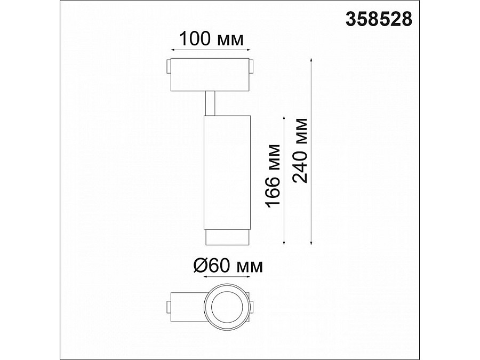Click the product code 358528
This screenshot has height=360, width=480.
379,19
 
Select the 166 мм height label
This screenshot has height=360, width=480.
274,177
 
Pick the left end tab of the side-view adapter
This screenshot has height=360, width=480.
169,69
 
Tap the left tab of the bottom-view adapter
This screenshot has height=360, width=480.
169,308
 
